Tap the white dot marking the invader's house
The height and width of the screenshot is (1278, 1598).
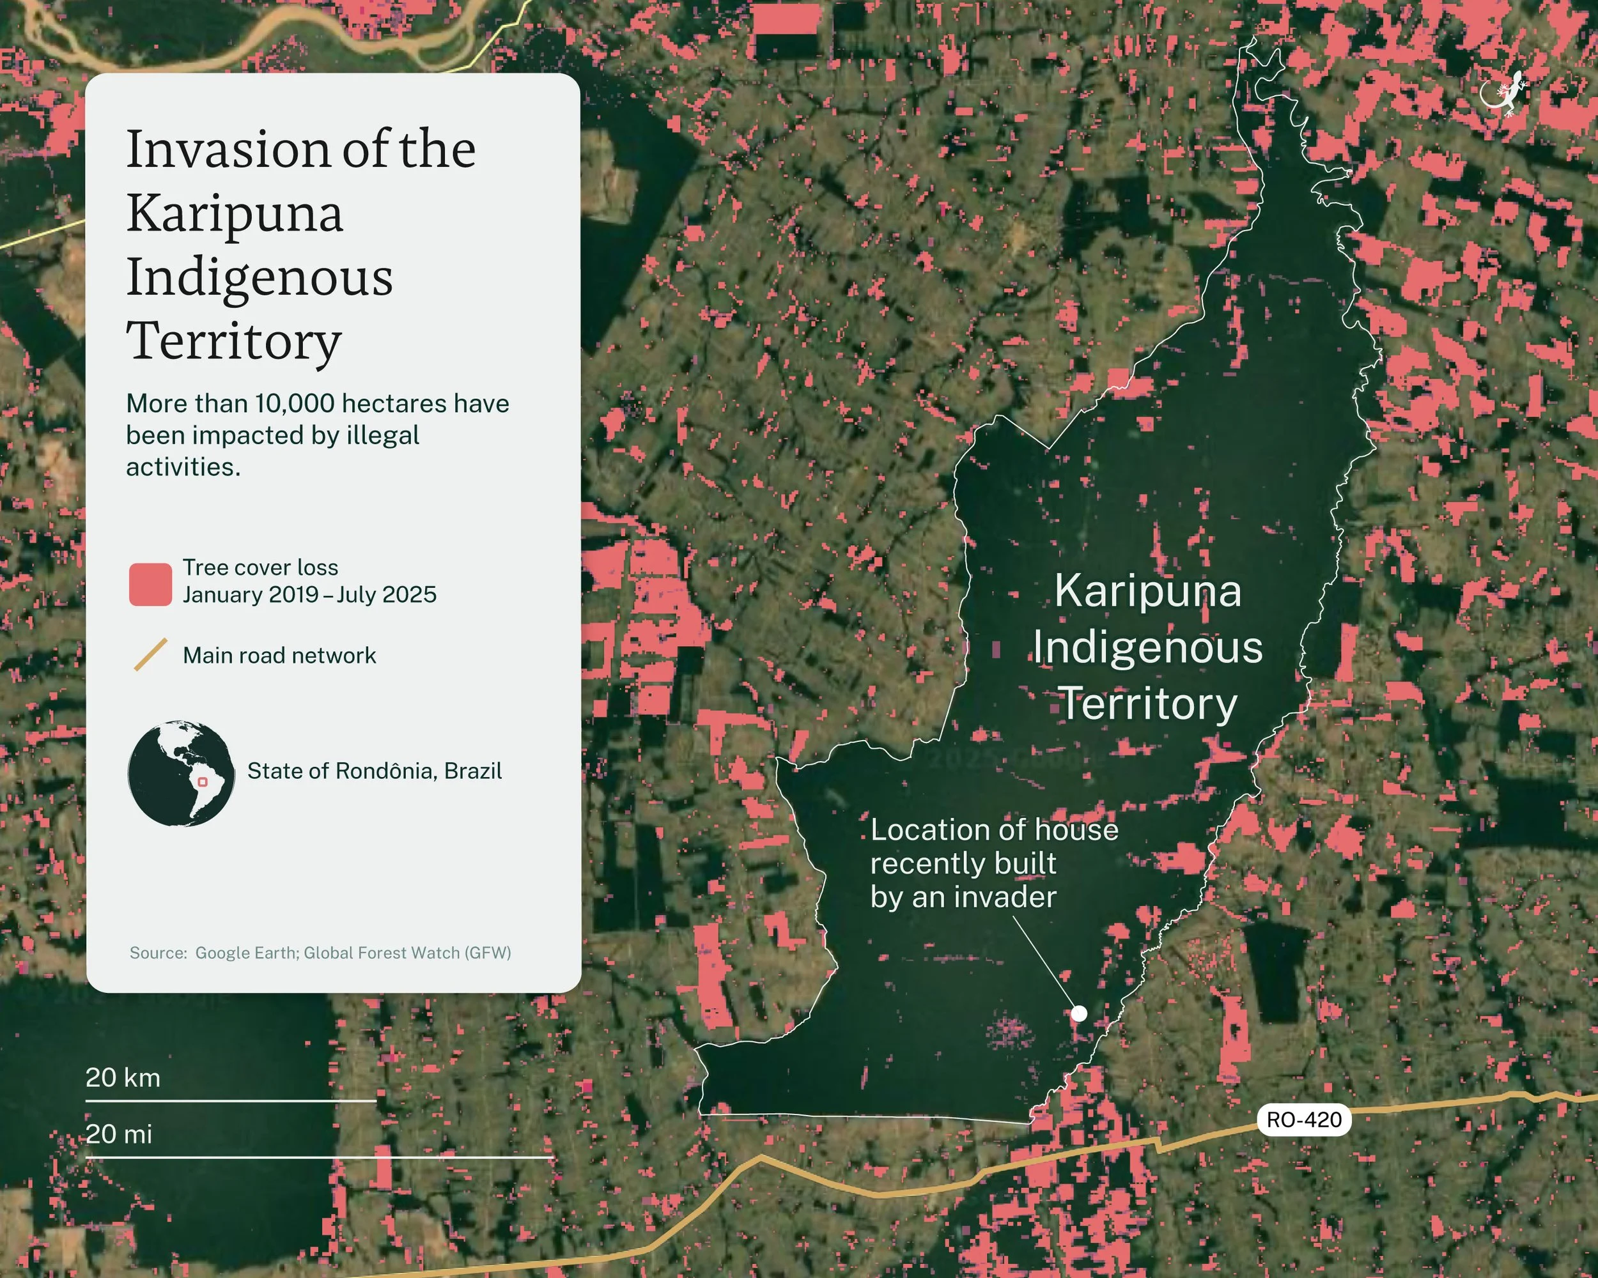coord(1079,1013)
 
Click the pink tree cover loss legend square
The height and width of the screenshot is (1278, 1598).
coord(150,585)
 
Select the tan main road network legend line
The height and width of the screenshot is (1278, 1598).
coord(150,655)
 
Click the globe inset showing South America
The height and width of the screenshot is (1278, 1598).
coord(181,773)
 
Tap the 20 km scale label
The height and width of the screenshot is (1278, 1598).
coord(123,1077)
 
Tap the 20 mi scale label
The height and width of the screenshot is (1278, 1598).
coord(119,1134)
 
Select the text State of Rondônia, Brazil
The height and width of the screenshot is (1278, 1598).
coord(375,771)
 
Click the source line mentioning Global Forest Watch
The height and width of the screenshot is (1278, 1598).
coord(320,953)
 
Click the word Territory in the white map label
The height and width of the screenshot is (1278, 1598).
coord(1147,703)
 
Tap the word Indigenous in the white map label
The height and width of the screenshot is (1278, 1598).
coord(1147,647)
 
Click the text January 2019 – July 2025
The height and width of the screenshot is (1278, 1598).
coord(309,595)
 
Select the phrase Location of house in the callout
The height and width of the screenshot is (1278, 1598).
coord(994,830)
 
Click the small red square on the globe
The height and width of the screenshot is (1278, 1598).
coord(203,782)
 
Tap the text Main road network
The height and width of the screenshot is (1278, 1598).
coord(279,656)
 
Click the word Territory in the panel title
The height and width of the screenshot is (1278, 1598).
coord(233,341)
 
